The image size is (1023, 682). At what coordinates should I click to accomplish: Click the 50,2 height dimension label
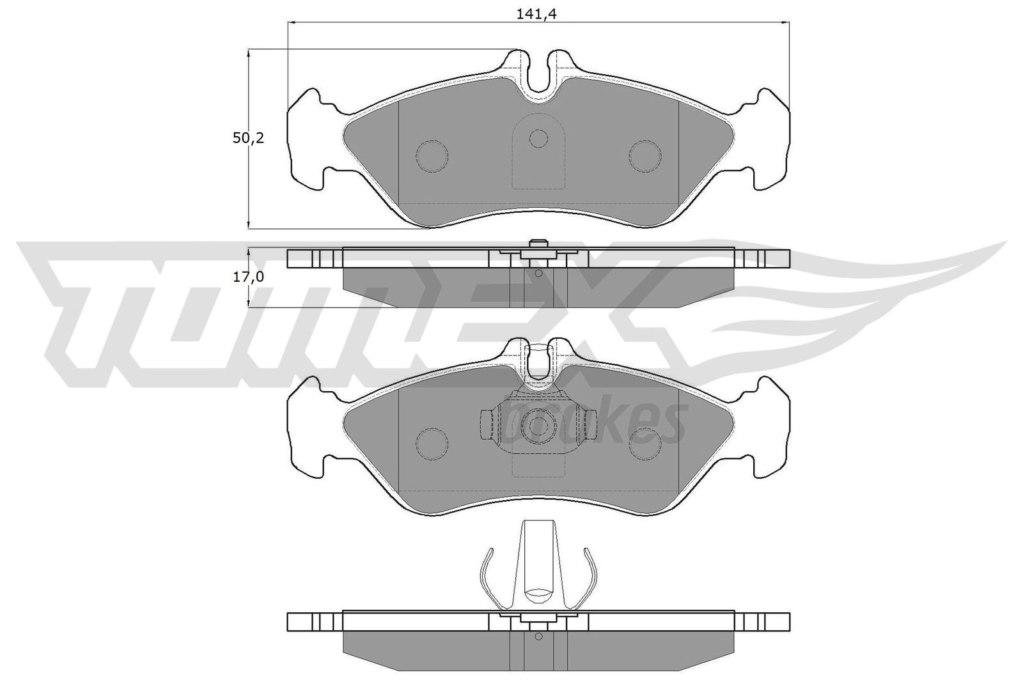click(x=246, y=138)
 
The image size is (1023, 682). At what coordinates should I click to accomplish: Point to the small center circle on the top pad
click(x=538, y=138)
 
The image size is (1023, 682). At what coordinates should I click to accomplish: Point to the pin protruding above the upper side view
click(x=538, y=244)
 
